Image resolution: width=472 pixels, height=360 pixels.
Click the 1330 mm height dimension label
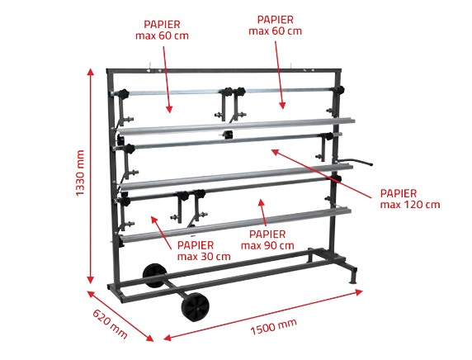pyautogui.click(x=80, y=173)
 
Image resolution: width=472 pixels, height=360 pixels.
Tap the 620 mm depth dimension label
pyautogui.click(x=110, y=324)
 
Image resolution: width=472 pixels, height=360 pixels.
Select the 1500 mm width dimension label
pyautogui.click(x=273, y=326)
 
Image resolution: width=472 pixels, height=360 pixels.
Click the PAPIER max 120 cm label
pyautogui.click(x=410, y=199)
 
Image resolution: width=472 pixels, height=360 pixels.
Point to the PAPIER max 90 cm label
pyautogui.click(x=267, y=239)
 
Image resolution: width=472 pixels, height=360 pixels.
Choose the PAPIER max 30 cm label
pyautogui.click(x=204, y=251)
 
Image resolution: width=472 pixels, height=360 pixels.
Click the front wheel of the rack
pyautogui.click(x=196, y=307)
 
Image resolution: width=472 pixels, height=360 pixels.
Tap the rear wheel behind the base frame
pyautogui.click(x=154, y=275)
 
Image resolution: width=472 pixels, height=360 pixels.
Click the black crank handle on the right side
pyautogui.click(x=355, y=162)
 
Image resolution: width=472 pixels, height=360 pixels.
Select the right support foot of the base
pyautogui.click(x=352, y=275)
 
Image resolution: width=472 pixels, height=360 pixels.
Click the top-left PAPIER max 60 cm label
pyautogui.click(x=162, y=30)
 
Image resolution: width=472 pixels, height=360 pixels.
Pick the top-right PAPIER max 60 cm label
pyautogui.click(x=275, y=26)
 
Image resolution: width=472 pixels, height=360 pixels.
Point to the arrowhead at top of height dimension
pyautogui.click(x=90, y=72)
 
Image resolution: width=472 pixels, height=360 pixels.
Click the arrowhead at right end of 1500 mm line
pyautogui.click(x=359, y=292)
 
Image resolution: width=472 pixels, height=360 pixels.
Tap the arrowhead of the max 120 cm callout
pyautogui.click(x=275, y=151)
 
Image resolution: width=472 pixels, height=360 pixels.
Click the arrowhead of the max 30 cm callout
pyautogui.click(x=154, y=219)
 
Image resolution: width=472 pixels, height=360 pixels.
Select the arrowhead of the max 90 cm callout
pyautogui.click(x=261, y=202)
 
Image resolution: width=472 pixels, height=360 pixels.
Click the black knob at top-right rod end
pyautogui.click(x=339, y=90)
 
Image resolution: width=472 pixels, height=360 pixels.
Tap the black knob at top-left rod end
pyautogui.click(x=123, y=93)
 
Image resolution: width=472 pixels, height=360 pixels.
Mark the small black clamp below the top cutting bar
pyautogui.click(x=229, y=135)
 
